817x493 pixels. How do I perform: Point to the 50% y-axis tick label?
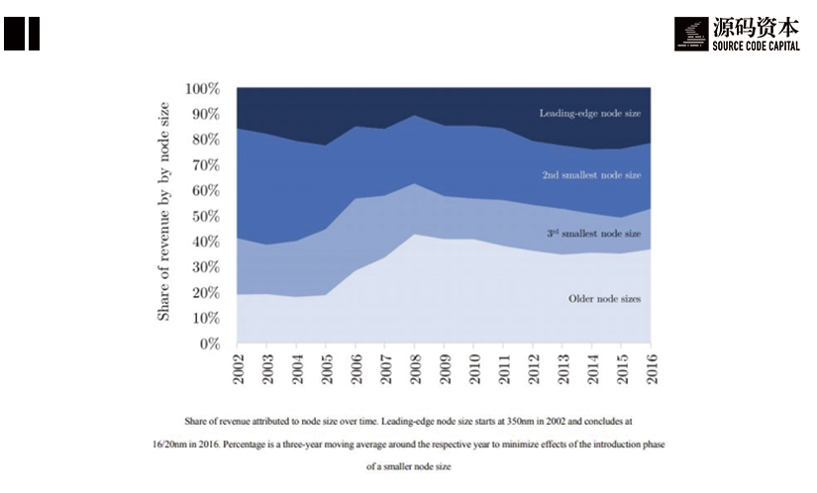(205, 217)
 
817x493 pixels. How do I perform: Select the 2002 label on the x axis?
(239, 367)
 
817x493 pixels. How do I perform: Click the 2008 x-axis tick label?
(414, 367)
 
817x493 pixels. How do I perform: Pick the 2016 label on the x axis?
(652, 367)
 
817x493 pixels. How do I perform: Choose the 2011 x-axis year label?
(503, 367)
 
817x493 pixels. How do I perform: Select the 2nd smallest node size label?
(591, 175)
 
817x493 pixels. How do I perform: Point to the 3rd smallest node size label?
(593, 234)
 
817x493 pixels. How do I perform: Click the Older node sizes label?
(603, 298)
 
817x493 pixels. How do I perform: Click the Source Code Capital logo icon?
(690, 34)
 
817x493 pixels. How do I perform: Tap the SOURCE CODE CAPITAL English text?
(756, 46)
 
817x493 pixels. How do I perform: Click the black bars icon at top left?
(21, 33)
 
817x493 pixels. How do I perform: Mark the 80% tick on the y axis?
(205, 141)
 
